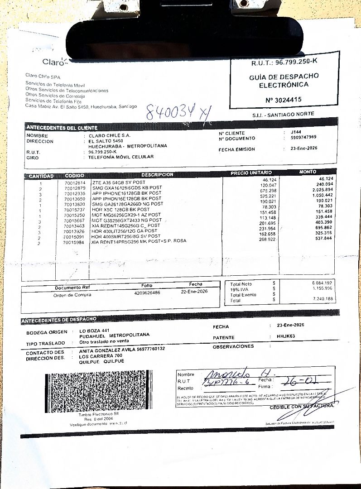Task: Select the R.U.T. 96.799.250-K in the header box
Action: coord(284,62)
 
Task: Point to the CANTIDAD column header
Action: coord(41,176)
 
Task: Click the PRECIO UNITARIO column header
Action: coord(251,173)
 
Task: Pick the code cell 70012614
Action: coord(75,182)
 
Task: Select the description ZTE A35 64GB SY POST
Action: coord(118,182)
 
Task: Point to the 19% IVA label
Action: coord(241,289)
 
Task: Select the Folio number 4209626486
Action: coord(147,293)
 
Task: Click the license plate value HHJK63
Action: coord(286,336)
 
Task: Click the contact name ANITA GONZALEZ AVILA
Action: coord(108,349)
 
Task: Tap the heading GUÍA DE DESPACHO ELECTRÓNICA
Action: coord(284,81)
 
